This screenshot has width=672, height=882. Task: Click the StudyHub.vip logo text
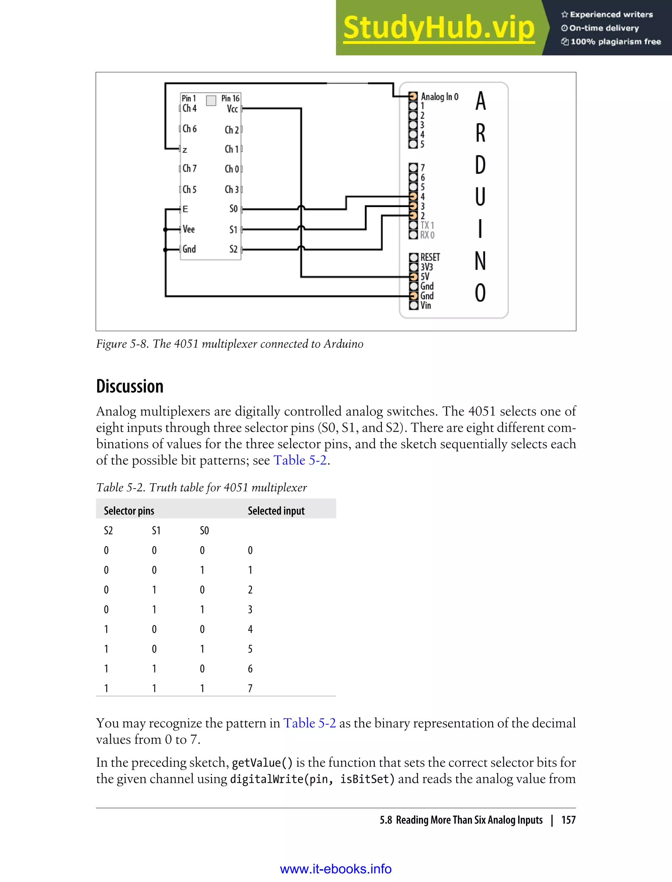pyautogui.click(x=438, y=28)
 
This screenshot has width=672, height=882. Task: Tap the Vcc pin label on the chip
pyautogui.click(x=232, y=109)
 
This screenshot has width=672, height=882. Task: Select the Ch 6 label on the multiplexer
pyautogui.click(x=190, y=129)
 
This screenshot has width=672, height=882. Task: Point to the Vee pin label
pyautogui.click(x=189, y=229)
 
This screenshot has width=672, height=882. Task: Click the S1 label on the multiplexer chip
pyautogui.click(x=233, y=230)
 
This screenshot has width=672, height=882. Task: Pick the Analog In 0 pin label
pyautogui.click(x=440, y=97)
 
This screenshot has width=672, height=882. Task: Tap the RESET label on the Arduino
pyautogui.click(x=430, y=257)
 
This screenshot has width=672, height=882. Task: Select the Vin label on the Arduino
pyautogui.click(x=426, y=305)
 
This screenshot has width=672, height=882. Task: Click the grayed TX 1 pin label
pyautogui.click(x=427, y=225)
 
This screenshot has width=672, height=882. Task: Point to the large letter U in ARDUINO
pyautogui.click(x=480, y=197)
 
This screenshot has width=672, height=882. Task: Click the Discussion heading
pyautogui.click(x=130, y=387)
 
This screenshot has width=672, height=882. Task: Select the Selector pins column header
pyautogui.click(x=129, y=511)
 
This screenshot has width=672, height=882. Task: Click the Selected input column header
pyautogui.click(x=276, y=511)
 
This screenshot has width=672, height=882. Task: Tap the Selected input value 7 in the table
pyautogui.click(x=250, y=688)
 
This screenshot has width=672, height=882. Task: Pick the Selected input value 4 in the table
pyautogui.click(x=250, y=629)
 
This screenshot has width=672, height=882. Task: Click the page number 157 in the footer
pyautogui.click(x=568, y=820)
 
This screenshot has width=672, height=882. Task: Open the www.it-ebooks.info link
pyautogui.click(x=336, y=869)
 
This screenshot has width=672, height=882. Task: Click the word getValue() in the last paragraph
pyautogui.click(x=262, y=763)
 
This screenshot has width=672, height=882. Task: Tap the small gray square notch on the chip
pyautogui.click(x=211, y=100)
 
